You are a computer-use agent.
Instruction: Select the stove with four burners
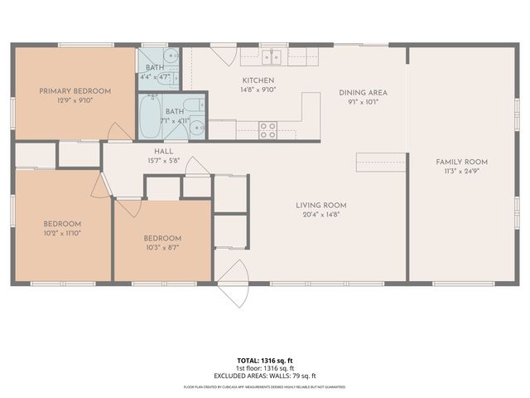(x=267, y=129)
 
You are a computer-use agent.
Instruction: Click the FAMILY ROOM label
(x=461, y=162)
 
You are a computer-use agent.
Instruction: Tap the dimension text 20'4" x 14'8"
(x=321, y=215)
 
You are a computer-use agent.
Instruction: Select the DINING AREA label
(x=363, y=93)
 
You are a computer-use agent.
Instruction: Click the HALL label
(x=163, y=151)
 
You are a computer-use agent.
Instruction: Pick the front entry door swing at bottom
(x=234, y=282)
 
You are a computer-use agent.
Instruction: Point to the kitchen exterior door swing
(x=222, y=56)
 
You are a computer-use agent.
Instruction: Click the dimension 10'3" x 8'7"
(x=162, y=247)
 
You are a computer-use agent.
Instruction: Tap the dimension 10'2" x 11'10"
(x=63, y=233)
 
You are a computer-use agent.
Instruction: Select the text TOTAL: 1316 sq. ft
(x=265, y=360)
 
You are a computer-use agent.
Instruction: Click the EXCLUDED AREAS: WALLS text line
(x=265, y=376)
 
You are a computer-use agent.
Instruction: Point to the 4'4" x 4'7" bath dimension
(x=154, y=77)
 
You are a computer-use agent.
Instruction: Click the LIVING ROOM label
(x=321, y=205)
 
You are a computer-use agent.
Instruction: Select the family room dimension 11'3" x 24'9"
(x=461, y=172)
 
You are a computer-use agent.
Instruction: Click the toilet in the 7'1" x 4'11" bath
(x=191, y=106)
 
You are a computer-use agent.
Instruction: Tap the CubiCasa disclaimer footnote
(x=265, y=386)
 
